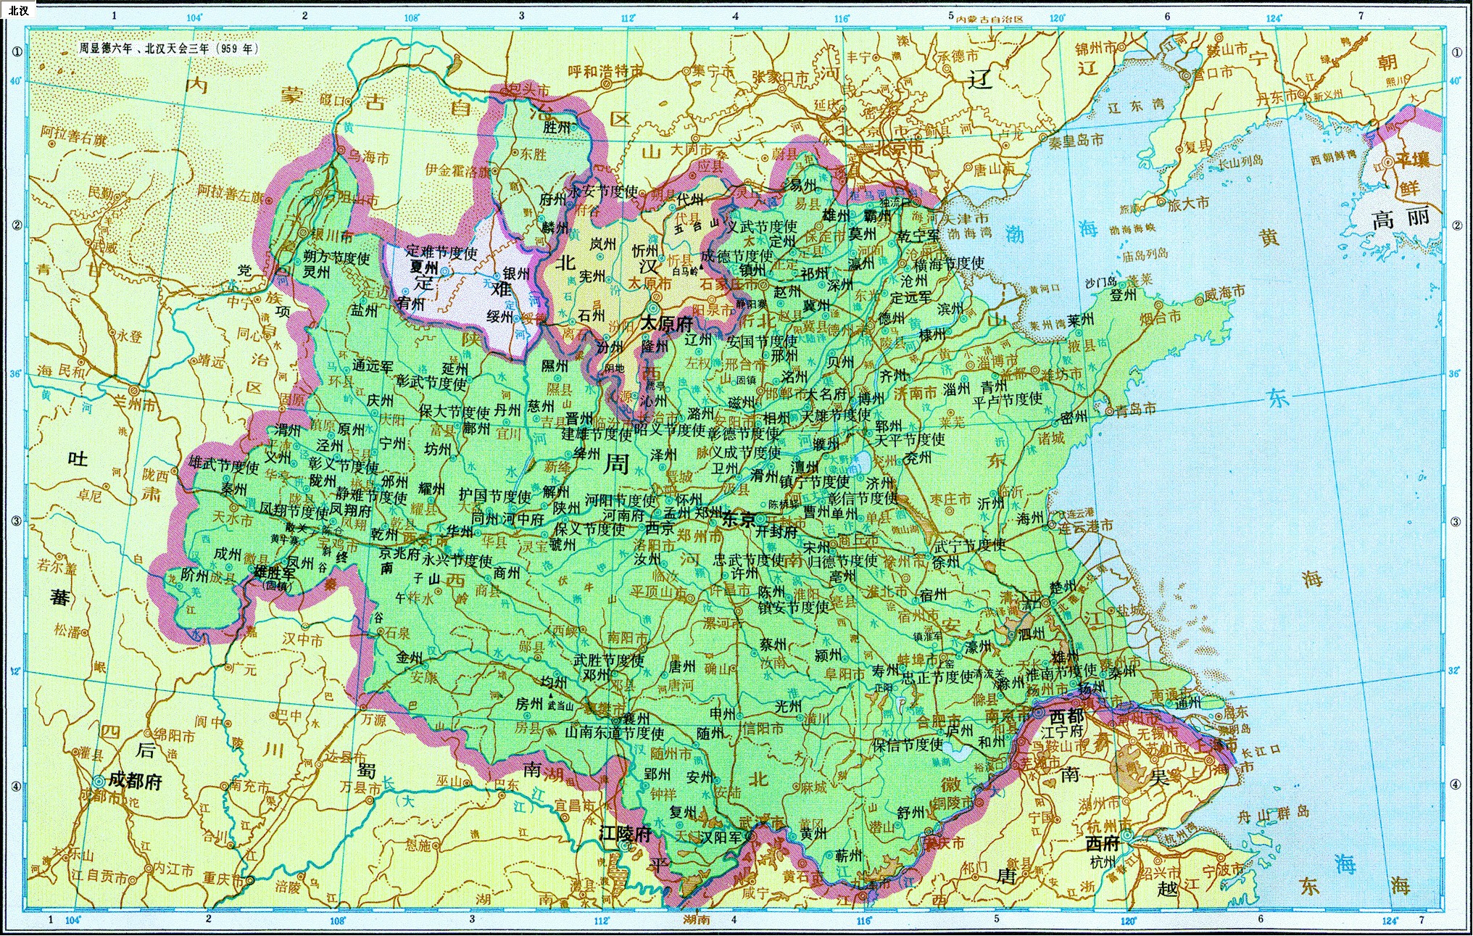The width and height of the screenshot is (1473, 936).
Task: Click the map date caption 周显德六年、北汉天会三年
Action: click(x=167, y=49)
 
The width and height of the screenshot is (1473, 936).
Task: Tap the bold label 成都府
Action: click(x=136, y=780)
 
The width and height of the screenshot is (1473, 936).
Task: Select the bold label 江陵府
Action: click(x=625, y=834)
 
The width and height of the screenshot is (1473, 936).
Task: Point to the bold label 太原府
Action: click(x=666, y=324)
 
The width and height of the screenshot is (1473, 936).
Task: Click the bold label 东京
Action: click(x=739, y=519)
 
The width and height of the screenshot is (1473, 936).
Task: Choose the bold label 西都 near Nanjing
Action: click(x=1066, y=716)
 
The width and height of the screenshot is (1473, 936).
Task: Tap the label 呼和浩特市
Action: click(x=605, y=71)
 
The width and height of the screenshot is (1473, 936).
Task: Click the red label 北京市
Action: click(x=889, y=148)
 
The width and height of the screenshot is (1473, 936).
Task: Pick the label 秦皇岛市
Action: click(x=1076, y=140)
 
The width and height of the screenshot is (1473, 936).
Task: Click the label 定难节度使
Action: click(x=441, y=252)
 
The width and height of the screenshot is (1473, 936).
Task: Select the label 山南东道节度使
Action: click(x=615, y=733)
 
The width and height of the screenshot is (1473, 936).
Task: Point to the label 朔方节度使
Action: click(x=337, y=257)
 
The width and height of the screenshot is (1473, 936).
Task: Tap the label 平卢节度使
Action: click(x=1007, y=399)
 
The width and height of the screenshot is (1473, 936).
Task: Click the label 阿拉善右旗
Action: click(x=73, y=135)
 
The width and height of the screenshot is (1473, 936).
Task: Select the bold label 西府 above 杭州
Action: click(x=1103, y=842)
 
